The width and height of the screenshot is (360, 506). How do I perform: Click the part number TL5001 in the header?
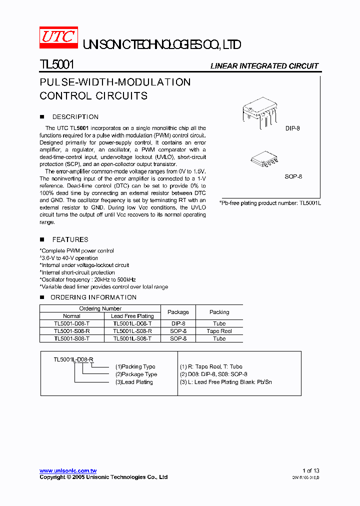point(57,65)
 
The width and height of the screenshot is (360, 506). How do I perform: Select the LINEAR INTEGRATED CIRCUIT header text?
point(264,66)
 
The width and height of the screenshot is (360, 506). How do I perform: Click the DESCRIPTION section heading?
point(75,117)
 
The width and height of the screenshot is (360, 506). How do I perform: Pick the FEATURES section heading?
point(70,239)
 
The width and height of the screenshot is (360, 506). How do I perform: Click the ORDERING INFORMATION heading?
point(93,297)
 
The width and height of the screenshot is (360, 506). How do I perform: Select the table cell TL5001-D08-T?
point(71,323)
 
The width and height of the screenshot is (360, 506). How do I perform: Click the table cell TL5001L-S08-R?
point(132,331)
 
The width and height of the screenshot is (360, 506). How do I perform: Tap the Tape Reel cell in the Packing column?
point(219,331)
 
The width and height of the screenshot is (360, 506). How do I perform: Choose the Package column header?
point(178,312)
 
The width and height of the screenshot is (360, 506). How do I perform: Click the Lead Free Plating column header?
point(132,316)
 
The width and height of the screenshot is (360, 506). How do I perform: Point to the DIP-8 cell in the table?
point(178,323)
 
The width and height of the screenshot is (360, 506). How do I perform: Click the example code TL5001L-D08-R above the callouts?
point(73,359)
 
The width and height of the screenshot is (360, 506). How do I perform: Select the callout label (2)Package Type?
point(136,374)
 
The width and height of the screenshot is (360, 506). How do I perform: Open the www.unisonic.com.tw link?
point(68,470)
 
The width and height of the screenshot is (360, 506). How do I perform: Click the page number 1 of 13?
point(310,470)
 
